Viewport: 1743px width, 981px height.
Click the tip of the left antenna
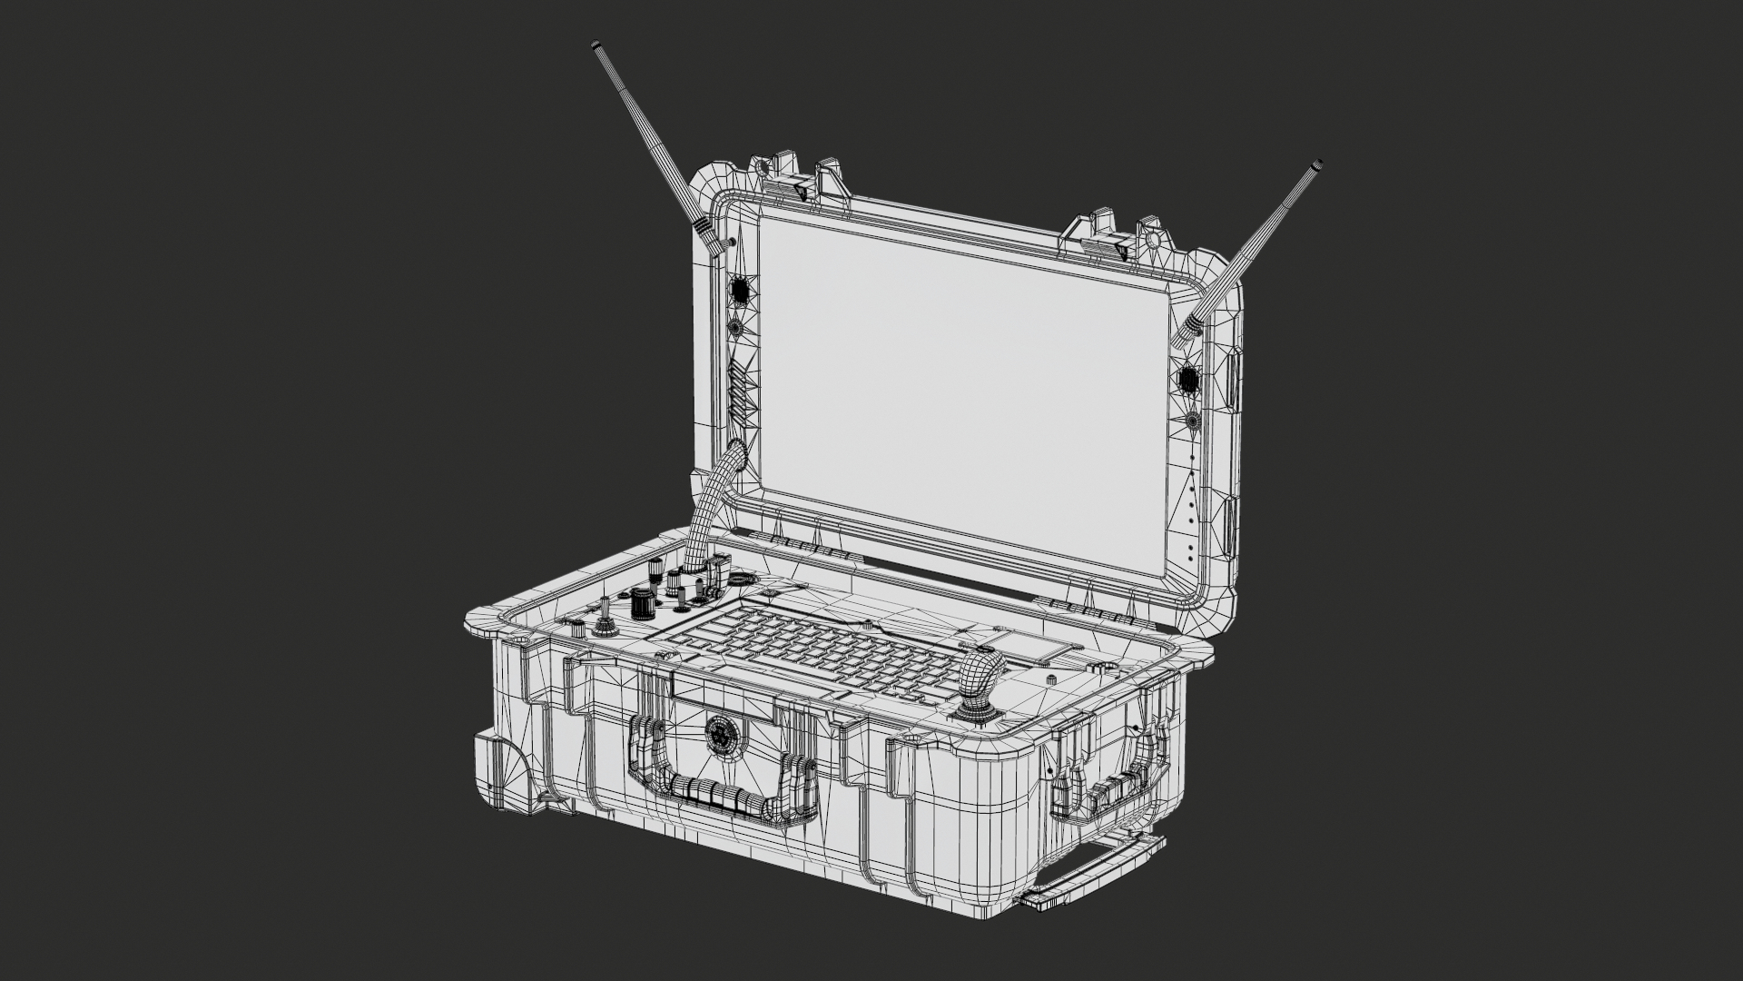point(596,45)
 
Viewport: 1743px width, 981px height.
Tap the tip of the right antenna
point(1315,167)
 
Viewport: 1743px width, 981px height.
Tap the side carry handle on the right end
point(1117,790)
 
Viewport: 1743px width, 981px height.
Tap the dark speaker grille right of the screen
point(1186,377)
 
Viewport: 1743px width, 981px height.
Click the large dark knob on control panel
point(642,601)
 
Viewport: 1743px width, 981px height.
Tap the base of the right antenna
point(1185,335)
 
